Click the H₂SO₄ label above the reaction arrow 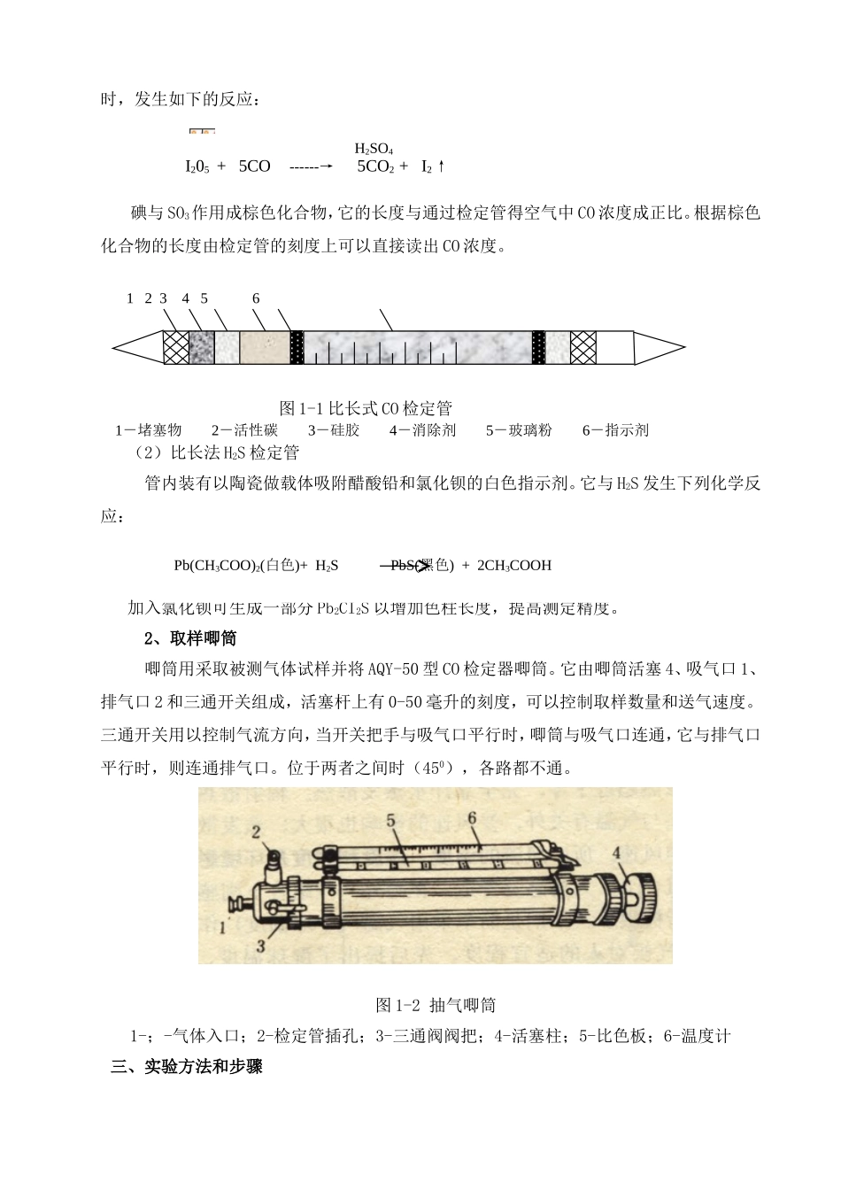pos(374,149)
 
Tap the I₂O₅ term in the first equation pos(197,166)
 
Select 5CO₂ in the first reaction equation pos(375,166)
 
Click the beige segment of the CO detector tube pos(265,347)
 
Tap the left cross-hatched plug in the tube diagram pos(176,347)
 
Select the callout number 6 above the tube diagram pos(256,298)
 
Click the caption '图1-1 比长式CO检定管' pos(366,408)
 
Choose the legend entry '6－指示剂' pos(615,430)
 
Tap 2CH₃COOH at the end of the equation pos(513,566)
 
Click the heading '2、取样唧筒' pos(190,638)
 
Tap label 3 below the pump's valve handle pos(262,946)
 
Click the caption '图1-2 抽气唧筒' pos(436,1005)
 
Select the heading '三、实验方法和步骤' pos(187,1067)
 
